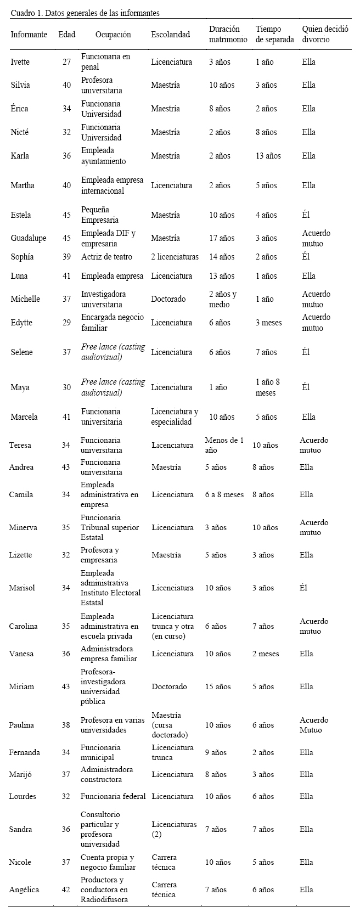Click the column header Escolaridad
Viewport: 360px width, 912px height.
coord(170,34)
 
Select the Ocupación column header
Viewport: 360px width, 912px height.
coord(113,34)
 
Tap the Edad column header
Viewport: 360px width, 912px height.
coord(66,34)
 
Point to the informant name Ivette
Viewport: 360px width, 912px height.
coord(20,61)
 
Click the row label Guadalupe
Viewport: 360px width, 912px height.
coord(29,238)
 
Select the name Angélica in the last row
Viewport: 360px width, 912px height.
coord(24,890)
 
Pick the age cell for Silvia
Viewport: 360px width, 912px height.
coord(66,85)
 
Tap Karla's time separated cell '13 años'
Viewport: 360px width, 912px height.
coord(268,156)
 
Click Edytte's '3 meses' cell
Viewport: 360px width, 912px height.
coord(268,323)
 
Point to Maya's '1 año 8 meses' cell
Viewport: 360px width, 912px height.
coord(268,387)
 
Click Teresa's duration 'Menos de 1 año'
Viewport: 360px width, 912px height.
coord(224,445)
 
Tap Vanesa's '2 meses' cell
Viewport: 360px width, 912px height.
coord(266,654)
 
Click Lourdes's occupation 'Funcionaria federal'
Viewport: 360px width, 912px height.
coord(113,796)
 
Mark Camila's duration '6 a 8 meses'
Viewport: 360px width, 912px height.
coord(224,494)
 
